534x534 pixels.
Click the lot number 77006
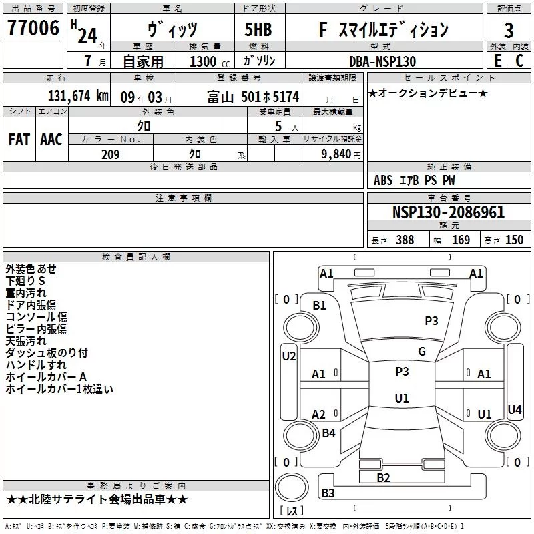click(x=33, y=29)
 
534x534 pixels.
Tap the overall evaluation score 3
click(x=509, y=31)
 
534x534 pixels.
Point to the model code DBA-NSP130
click(x=382, y=61)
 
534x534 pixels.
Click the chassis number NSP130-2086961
click(x=448, y=213)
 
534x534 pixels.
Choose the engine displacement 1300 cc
click(x=204, y=61)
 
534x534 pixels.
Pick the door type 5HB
click(x=258, y=30)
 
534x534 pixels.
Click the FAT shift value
click(x=19, y=139)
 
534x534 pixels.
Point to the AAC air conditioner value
click(x=51, y=139)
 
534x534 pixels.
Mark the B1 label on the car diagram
click(x=320, y=305)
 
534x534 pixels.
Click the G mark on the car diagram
click(x=422, y=352)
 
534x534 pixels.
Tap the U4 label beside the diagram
click(x=515, y=409)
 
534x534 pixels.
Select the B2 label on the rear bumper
click(x=383, y=477)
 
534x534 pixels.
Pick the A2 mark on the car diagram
click(x=319, y=415)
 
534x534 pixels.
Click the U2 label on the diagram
click(x=288, y=356)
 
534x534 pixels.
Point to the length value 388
click(x=405, y=240)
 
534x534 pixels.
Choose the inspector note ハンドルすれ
click(x=36, y=365)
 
